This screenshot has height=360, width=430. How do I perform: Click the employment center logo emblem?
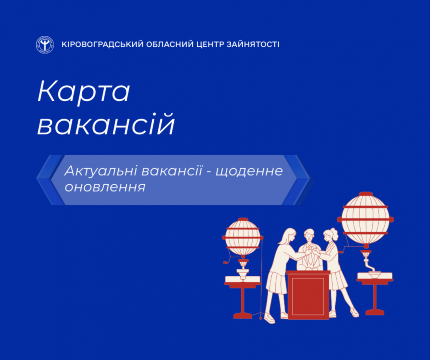pos(45,45)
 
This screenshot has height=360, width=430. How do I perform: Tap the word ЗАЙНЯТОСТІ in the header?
pos(253,44)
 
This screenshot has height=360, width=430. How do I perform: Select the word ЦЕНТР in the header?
pos(210,44)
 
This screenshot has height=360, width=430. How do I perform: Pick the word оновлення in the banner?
pos(105,187)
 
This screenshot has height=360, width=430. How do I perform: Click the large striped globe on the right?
pos(365,219)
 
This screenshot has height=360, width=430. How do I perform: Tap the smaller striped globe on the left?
pos(243,237)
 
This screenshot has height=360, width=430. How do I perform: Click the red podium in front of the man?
pos(309,295)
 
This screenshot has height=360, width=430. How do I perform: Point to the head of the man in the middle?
pos(309,235)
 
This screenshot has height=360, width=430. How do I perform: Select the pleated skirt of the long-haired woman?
pos(277,283)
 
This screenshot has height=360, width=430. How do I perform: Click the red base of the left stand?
pos(242,316)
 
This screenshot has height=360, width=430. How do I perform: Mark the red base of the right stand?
pos(375,312)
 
